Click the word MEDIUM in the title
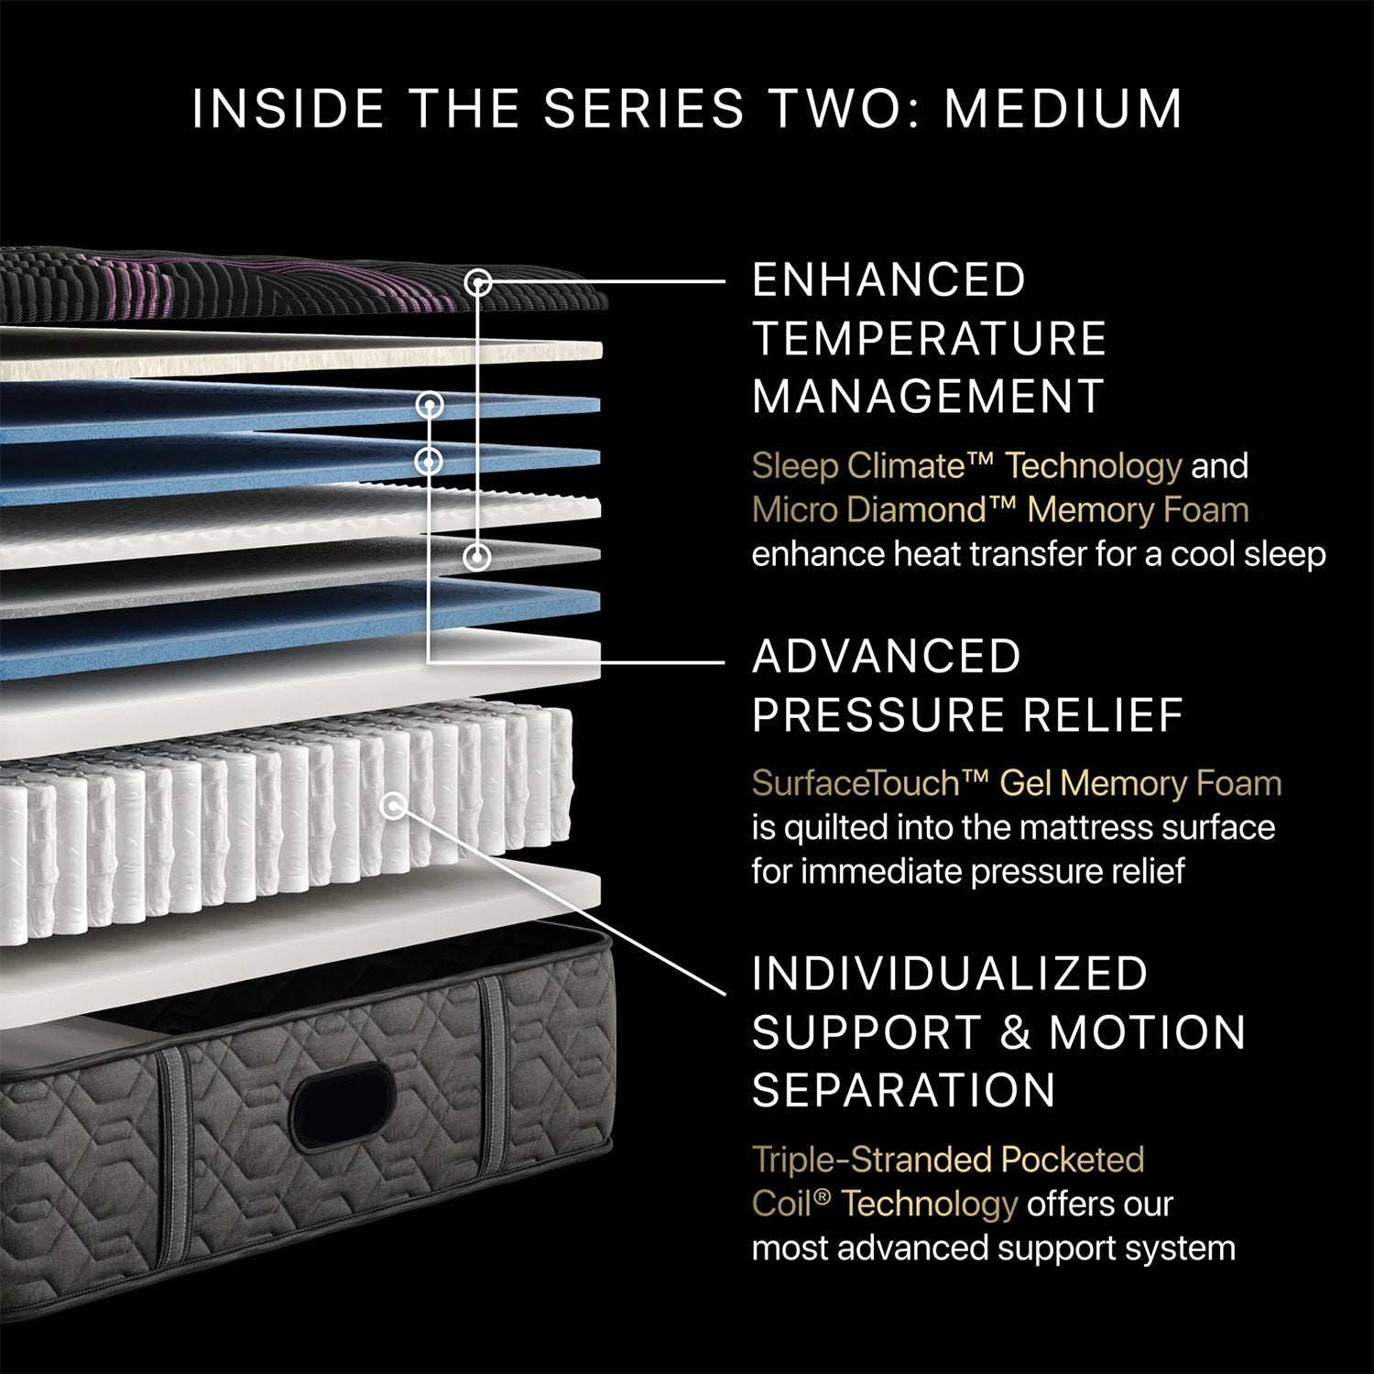click(x=1063, y=108)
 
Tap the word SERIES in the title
click(x=643, y=108)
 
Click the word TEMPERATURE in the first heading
click(x=929, y=339)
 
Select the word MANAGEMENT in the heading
click(x=928, y=398)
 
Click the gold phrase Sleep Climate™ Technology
click(x=966, y=466)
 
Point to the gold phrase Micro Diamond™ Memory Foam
click(x=1000, y=510)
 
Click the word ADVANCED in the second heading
click(x=887, y=657)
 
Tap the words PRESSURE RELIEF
click(x=967, y=715)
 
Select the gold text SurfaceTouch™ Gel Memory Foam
click(x=1017, y=784)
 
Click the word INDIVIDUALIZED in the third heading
click(x=950, y=974)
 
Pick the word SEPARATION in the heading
click(x=904, y=1091)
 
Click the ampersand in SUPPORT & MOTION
click(x=1015, y=1032)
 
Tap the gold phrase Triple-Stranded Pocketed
click(x=948, y=1161)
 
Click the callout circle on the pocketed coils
click(x=394, y=806)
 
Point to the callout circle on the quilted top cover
click(x=478, y=282)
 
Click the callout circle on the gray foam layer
click(x=476, y=556)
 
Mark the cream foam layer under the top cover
click(x=302, y=353)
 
